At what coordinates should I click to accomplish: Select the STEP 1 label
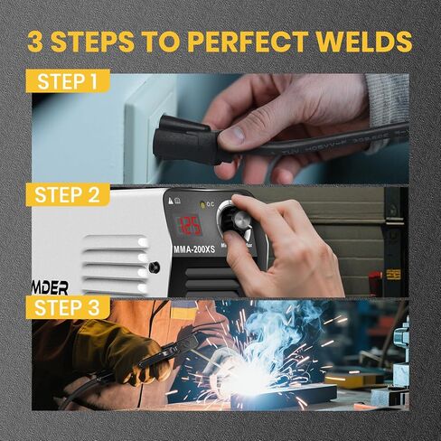(69, 82)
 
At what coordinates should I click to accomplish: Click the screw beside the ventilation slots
(155, 267)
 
